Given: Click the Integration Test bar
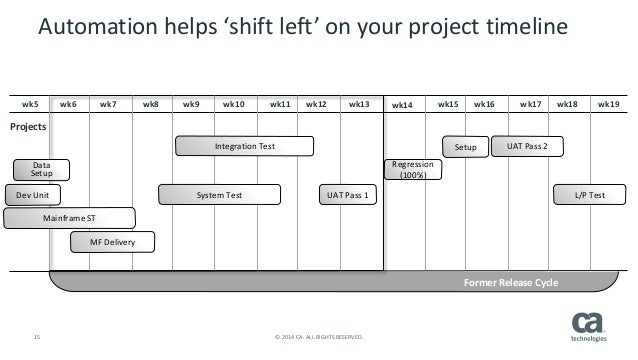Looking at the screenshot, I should pyautogui.click(x=245, y=147).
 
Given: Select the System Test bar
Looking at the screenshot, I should pyautogui.click(x=218, y=195).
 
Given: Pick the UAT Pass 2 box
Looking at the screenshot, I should pyautogui.click(x=534, y=147).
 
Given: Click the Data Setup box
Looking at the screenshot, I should pyautogui.click(x=41, y=170).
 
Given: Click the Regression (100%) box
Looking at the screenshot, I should pyautogui.click(x=412, y=170).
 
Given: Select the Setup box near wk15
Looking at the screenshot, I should pyautogui.click(x=466, y=147).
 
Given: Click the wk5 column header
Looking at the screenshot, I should pyautogui.click(x=30, y=103).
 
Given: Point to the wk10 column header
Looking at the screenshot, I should pyautogui.click(x=233, y=103).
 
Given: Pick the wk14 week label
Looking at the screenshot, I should pyautogui.click(x=403, y=104).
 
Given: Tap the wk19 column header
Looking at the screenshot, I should pyautogui.click(x=608, y=103).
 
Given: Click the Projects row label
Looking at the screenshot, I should pyautogui.click(x=27, y=128).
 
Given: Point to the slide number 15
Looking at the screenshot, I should pyautogui.click(x=38, y=336).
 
